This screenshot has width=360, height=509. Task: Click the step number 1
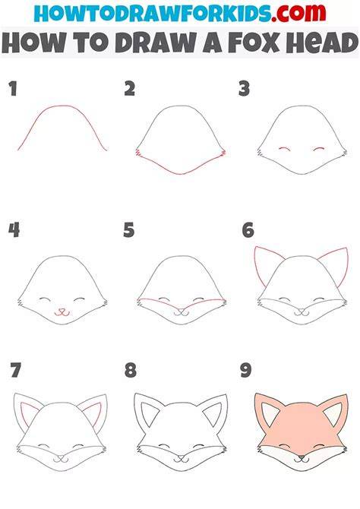[13, 89]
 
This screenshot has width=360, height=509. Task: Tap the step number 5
[129, 230]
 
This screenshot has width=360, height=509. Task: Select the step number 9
[246, 370]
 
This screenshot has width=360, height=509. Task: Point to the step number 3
[244, 89]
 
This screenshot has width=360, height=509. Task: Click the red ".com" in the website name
[298, 13]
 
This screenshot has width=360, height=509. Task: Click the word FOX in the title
[254, 43]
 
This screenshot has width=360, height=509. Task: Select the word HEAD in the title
[321, 43]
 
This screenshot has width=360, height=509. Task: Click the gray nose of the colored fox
[302, 458]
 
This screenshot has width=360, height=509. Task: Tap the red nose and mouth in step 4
[62, 312]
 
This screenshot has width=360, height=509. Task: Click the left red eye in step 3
[285, 148]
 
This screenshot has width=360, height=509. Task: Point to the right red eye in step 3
[319, 148]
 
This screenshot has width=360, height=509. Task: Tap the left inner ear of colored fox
[270, 414]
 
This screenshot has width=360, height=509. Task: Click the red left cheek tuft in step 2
[138, 152]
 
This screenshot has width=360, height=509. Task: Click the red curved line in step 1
[63, 106]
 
